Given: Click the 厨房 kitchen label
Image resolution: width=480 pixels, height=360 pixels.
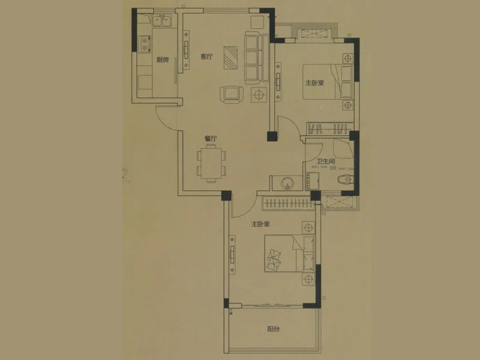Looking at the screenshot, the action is (x=163, y=59).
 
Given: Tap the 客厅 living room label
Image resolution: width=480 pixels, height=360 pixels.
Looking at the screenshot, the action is (x=206, y=56).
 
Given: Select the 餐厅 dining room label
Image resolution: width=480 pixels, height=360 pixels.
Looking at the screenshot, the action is (x=211, y=139).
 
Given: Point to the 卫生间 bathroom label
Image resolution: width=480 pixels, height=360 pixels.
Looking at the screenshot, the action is (x=326, y=161).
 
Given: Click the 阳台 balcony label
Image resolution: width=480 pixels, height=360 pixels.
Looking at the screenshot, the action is (x=274, y=329).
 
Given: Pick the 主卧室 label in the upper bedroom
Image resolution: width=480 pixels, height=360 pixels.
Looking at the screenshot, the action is (x=314, y=83).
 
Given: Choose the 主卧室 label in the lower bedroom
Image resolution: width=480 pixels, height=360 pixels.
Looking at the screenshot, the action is (x=260, y=224).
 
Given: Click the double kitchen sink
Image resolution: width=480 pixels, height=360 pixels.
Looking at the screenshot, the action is (x=162, y=21).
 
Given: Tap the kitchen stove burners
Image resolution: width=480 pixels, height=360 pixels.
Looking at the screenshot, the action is (x=145, y=43).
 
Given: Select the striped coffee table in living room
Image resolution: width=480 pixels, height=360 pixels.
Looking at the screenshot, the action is (x=231, y=58).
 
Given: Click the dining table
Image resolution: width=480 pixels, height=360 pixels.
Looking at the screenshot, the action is (x=211, y=163).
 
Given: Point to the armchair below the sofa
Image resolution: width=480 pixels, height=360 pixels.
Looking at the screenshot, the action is (x=232, y=95).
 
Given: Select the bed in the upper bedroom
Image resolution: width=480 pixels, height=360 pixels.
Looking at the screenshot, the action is (x=327, y=82).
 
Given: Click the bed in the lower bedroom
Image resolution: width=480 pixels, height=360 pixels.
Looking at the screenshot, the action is (x=290, y=253).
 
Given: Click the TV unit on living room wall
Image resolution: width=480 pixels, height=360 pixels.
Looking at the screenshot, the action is (x=186, y=49).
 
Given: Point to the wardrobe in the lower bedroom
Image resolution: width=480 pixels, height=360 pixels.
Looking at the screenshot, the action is (x=289, y=203).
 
